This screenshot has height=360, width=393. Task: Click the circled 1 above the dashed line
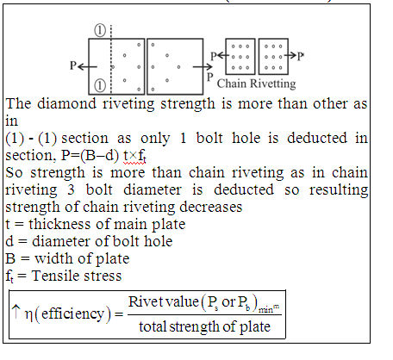click(100, 30)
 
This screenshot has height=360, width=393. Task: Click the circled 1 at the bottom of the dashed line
click(100, 85)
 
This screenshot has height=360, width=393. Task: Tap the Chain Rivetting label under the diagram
click(256, 84)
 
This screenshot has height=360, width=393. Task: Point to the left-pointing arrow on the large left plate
click(87, 67)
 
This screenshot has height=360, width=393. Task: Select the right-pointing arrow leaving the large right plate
click(203, 67)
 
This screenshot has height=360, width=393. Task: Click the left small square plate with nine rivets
click(240, 56)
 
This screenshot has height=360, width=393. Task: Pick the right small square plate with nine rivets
click(273, 56)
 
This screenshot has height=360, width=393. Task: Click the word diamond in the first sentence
click(66, 103)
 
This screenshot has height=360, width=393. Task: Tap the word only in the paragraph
click(155, 139)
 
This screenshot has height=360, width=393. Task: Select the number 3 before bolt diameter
click(71, 189)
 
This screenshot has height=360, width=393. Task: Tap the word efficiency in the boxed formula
click(72, 313)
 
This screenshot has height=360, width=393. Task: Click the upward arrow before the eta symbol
click(16, 312)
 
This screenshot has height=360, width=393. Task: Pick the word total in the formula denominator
click(152, 326)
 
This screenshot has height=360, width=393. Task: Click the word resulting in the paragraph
click(339, 190)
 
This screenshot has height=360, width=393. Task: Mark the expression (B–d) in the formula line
click(99, 156)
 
